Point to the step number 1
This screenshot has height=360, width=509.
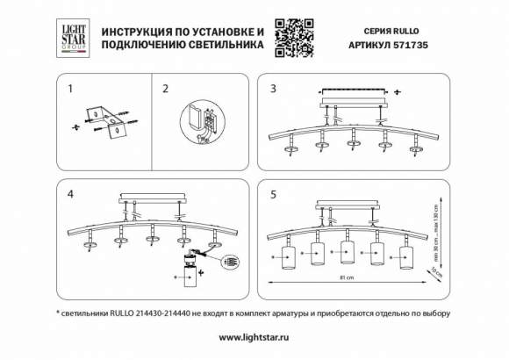click(72, 88)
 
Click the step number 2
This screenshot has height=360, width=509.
click(165, 88)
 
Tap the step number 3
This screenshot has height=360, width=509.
click(273, 88)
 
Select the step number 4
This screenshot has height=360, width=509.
click(72, 192)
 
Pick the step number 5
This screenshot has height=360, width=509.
click(273, 192)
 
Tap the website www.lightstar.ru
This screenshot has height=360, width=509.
click(254, 337)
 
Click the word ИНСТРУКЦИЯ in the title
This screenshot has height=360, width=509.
click(135, 30)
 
